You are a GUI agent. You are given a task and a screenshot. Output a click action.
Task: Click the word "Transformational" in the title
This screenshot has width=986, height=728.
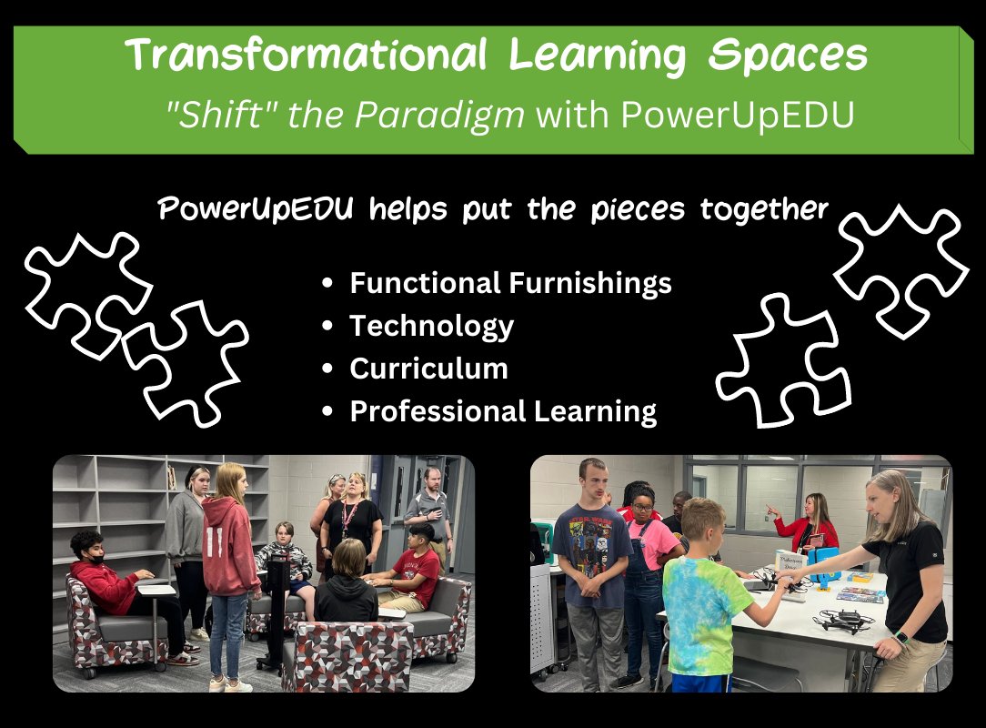[309, 56]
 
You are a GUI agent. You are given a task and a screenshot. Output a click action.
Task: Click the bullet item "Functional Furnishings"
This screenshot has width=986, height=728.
[510, 283]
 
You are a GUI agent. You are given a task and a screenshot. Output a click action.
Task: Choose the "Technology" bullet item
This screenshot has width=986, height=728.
[431, 326]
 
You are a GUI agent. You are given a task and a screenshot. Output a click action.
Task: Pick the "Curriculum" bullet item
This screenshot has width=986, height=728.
[428, 369]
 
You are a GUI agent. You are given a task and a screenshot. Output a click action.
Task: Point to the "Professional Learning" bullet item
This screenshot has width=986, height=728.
[503, 411]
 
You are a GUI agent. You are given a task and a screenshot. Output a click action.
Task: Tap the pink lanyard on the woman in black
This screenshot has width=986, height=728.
[348, 519]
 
